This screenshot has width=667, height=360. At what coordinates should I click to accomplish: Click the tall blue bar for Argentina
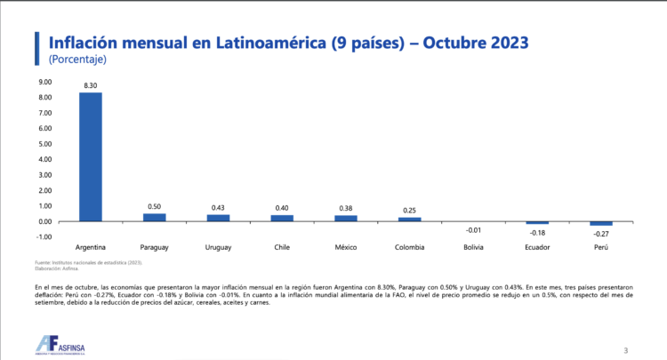point(91,156)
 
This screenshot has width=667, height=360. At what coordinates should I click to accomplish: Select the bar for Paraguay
point(155,217)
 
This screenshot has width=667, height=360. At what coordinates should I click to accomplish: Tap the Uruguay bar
point(218,218)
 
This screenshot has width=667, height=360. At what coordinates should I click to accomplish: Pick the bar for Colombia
point(409,219)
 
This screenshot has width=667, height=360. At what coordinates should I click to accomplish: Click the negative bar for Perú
point(601,224)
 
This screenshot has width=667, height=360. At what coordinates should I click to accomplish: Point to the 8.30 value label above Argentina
point(91,85)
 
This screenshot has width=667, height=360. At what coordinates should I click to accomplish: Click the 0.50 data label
point(155,206)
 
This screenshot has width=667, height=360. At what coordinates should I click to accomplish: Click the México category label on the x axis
point(346,246)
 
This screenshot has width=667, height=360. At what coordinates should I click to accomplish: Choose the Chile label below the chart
point(282,246)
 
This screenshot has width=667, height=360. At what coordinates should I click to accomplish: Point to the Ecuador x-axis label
point(537,246)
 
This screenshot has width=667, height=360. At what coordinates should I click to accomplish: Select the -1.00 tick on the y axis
point(44,237)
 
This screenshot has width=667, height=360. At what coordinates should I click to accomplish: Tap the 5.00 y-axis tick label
point(44,145)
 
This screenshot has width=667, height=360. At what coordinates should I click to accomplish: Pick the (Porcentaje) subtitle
point(77,60)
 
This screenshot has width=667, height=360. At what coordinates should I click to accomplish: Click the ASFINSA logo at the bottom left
point(63,343)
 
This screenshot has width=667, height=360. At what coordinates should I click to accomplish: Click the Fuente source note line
point(89,263)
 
